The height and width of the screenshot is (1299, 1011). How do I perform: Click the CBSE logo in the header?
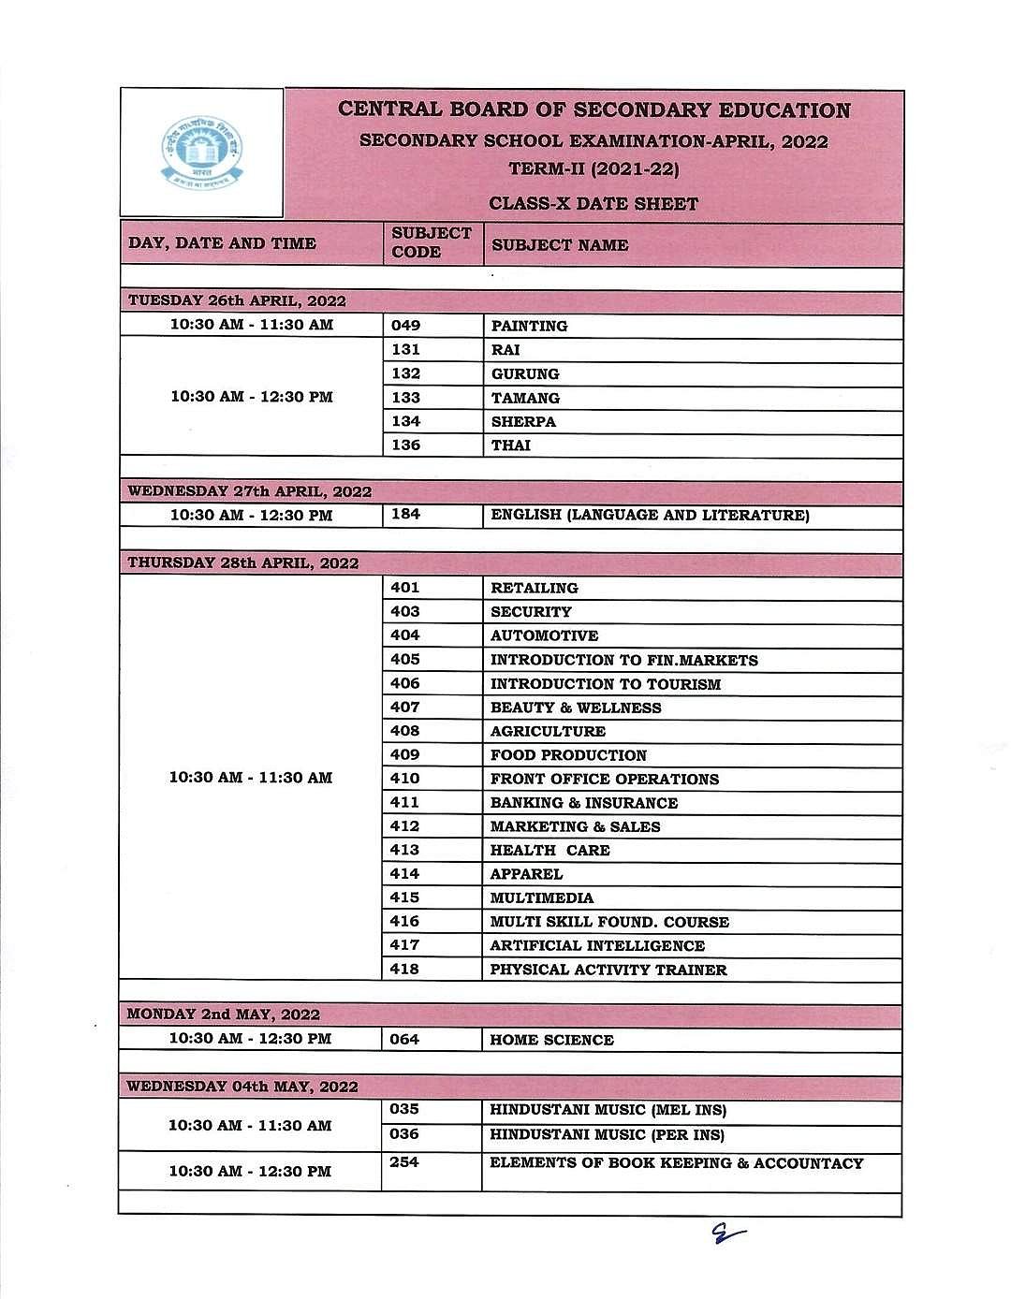pos(200,153)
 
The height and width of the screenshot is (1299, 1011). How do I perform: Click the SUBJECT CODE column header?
pos(431,242)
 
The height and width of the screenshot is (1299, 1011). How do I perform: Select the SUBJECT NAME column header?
pos(559,245)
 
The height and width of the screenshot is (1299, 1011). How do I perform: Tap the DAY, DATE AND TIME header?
pos(222,243)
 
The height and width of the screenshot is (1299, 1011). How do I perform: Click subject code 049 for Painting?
pos(406,326)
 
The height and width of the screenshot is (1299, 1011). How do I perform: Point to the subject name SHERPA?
pos(523,422)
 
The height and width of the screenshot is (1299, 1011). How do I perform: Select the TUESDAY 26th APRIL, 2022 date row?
pos(237,301)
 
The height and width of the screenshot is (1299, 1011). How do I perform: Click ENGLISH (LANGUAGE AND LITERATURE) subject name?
pos(650,515)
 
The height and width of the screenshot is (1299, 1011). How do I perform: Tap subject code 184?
pos(405,514)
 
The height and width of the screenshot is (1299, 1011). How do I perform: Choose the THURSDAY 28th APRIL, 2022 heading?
pos(243,563)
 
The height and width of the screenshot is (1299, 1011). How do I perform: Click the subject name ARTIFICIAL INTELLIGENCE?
pos(597,946)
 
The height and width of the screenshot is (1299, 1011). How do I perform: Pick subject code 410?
pos(404,779)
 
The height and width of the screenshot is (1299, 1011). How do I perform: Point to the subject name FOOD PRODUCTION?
pos(568,755)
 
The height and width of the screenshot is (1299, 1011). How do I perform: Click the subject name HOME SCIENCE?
pos(551,1040)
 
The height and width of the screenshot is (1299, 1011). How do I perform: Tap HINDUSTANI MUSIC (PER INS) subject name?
pos(607,1135)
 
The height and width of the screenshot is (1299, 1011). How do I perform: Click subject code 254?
pos(404,1162)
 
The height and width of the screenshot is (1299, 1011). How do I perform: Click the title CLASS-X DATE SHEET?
pos(593,204)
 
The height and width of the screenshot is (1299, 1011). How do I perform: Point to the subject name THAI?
pos(510,445)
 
